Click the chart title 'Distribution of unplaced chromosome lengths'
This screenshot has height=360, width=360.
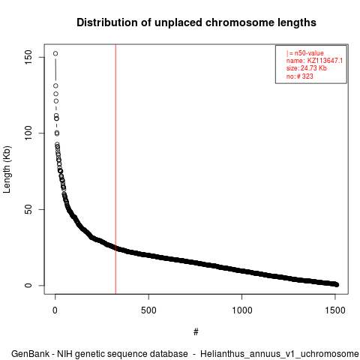[x=196, y=22]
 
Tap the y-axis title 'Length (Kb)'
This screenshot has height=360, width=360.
[x=7, y=169]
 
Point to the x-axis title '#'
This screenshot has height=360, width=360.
[x=196, y=332]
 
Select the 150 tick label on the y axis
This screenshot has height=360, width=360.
[x=28, y=57]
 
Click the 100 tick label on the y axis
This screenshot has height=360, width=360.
[x=28, y=133]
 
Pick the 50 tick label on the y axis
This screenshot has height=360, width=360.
[x=28, y=209]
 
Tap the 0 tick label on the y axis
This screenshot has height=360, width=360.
[x=28, y=286]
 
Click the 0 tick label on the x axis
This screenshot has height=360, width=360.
[x=55, y=310]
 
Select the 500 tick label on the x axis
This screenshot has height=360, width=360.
[x=148, y=310]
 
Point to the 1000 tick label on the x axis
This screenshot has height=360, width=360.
[x=242, y=310]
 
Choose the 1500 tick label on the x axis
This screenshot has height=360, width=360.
[x=335, y=310]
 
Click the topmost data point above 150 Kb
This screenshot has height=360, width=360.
[x=55, y=53]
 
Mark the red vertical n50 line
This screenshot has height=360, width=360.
[x=115, y=169]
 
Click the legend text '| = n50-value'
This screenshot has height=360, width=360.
[x=305, y=53]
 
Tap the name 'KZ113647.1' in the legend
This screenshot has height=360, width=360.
[x=325, y=61]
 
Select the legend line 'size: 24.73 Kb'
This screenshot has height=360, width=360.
[x=307, y=68]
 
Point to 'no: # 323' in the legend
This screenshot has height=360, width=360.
[x=300, y=76]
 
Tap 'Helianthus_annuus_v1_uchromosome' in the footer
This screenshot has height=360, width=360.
[x=280, y=354]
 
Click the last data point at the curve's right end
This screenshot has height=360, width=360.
[x=337, y=285]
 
